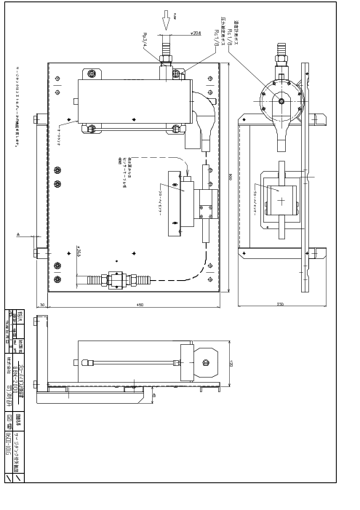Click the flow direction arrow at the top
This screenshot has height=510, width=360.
pos(166,20)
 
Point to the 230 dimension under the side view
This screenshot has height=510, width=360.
pos(281,305)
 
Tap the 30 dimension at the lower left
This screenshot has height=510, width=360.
pos(42,305)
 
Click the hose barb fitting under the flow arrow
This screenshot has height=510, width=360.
pos(167,53)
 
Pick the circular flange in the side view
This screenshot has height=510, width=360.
pos(281,101)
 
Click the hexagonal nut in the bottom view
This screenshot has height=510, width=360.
pos(205,362)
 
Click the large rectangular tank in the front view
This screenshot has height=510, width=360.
pos(134,101)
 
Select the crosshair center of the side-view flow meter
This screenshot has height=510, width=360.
pos(281,200)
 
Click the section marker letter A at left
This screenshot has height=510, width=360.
pos(18,234)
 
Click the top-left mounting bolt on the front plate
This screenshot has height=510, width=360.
pos(91,73)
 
